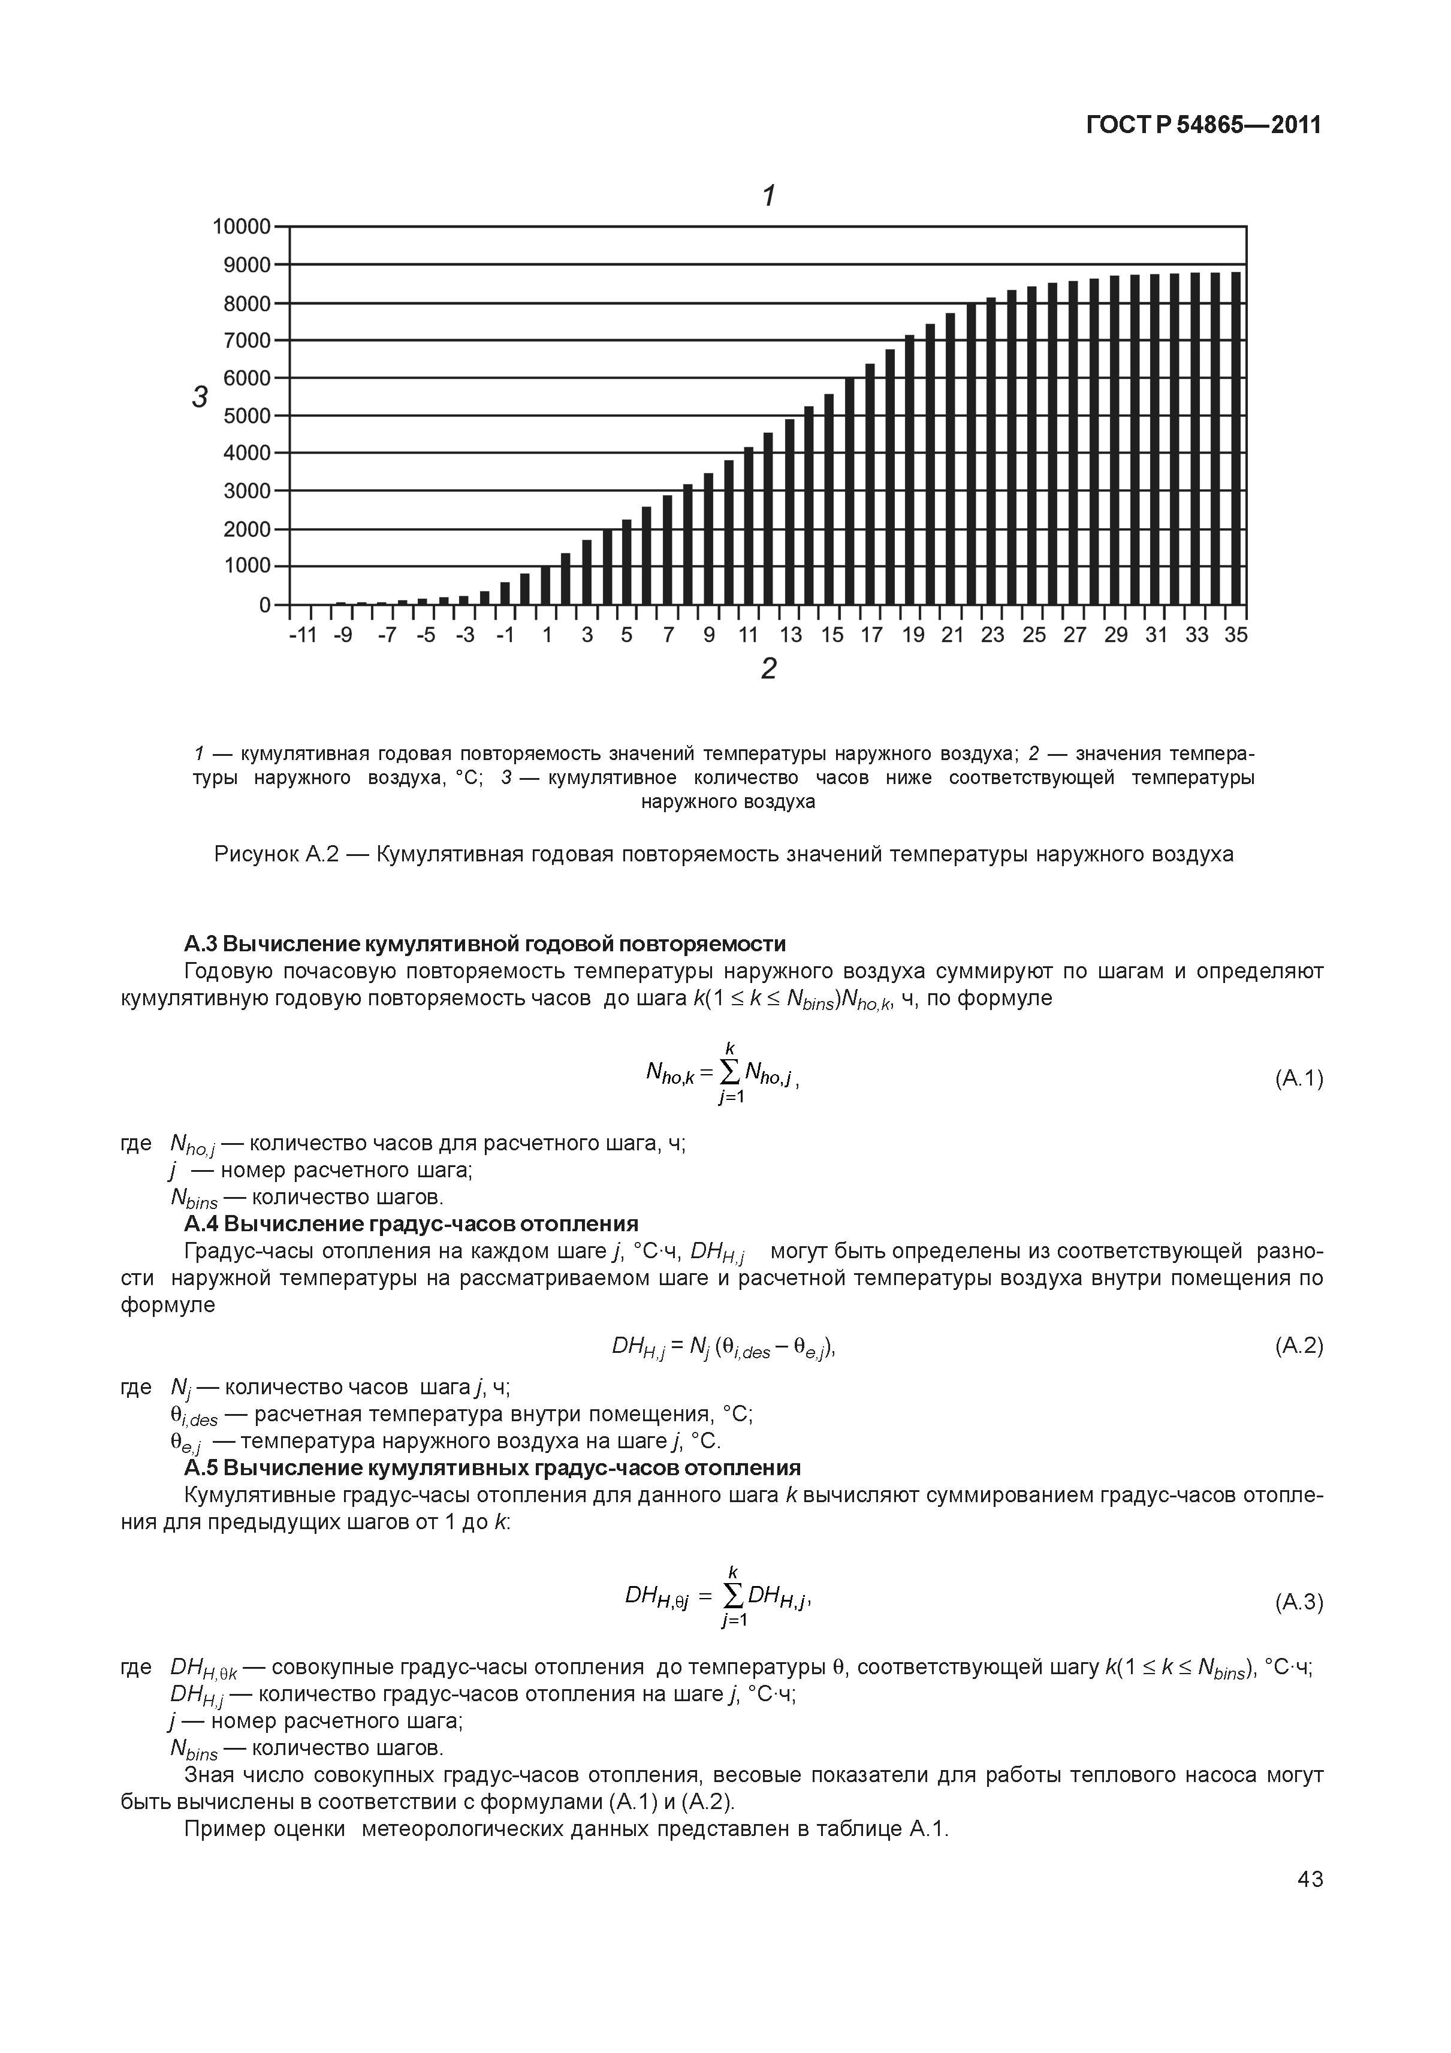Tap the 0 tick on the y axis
[x=265, y=605]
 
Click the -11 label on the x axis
[x=304, y=635]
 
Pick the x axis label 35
[x=1236, y=635]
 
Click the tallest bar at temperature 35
[x=1236, y=438]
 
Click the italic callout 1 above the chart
[x=767, y=195]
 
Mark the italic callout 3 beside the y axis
[x=200, y=397]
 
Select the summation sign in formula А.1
[x=729, y=1071]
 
